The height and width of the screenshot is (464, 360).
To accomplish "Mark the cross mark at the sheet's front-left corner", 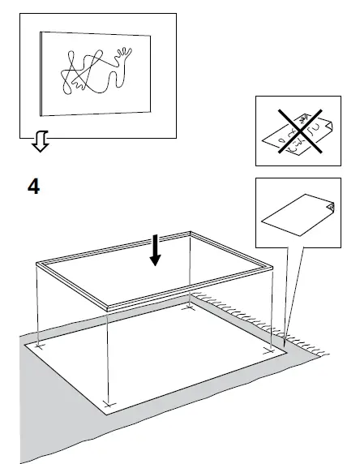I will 109,403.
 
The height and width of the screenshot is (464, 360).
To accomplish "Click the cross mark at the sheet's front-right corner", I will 268,351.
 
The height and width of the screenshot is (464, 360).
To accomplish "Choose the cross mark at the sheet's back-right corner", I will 191,307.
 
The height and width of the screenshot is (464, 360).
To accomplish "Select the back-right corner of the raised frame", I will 191,232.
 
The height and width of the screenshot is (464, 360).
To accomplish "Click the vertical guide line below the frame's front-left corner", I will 108,357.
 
